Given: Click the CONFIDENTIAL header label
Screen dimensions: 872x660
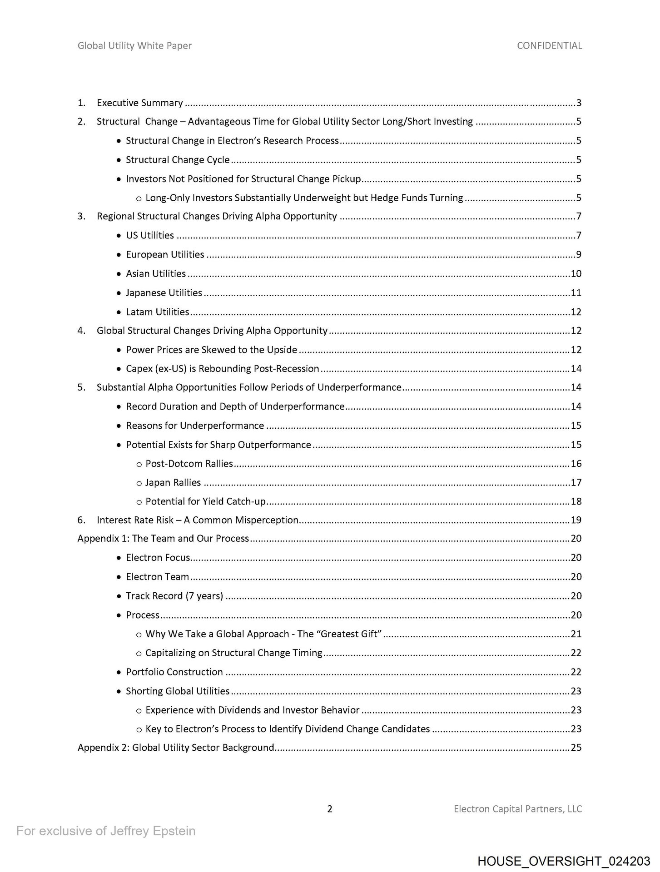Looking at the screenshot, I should (x=549, y=45).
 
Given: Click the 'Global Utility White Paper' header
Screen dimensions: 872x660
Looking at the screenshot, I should (x=134, y=45).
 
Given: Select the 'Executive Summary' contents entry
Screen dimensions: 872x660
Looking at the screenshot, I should (x=140, y=103).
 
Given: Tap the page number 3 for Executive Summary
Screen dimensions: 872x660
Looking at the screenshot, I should (x=579, y=103).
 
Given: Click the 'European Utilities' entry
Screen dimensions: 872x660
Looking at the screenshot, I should (x=165, y=255).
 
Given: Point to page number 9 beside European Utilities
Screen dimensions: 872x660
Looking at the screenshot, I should (x=579, y=255).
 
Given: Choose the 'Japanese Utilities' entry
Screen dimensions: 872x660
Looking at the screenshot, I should (x=164, y=293).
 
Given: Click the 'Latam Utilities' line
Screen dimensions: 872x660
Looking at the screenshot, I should (x=157, y=312).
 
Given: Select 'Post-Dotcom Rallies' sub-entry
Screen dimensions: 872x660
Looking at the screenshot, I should (x=189, y=464).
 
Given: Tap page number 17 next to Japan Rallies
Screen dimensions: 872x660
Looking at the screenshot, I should (x=576, y=483).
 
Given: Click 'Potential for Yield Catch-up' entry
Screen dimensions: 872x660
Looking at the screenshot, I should (x=205, y=502).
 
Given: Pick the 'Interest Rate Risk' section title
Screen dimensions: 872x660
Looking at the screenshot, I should (x=198, y=520).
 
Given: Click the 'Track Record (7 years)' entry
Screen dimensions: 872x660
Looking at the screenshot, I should (x=174, y=596).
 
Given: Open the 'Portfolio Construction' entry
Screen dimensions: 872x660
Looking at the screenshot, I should (x=174, y=672).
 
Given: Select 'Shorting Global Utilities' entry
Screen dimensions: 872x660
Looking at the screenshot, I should (x=178, y=691).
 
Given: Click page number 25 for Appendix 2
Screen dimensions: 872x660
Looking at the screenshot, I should (x=576, y=748).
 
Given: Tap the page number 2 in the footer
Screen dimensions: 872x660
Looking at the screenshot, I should (x=330, y=809).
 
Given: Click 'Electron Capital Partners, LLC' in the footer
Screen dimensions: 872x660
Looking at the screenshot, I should (x=518, y=809).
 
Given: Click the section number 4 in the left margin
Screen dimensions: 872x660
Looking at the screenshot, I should (x=81, y=331).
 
